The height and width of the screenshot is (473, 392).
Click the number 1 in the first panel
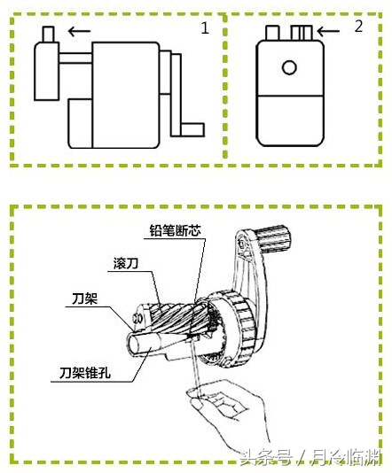(x=205, y=28)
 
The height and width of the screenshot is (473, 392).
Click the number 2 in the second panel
(x=358, y=27)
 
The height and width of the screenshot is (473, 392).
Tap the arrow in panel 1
(x=81, y=31)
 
